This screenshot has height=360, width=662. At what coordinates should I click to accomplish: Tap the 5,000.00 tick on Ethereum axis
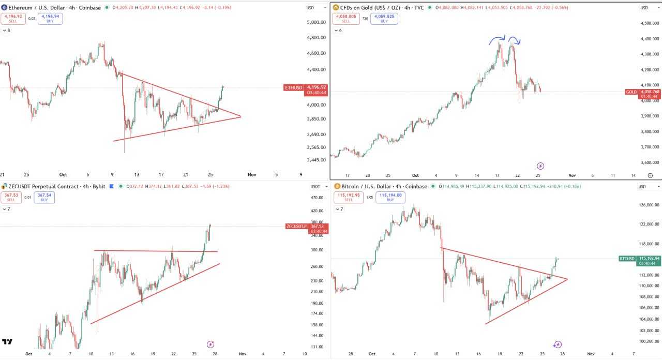tap(316, 23)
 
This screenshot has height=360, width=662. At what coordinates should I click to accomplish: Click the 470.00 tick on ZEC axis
tap(316, 198)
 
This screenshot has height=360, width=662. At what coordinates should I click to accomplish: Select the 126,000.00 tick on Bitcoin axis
tap(649, 205)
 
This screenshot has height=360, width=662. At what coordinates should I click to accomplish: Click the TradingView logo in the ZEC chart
tap(7, 342)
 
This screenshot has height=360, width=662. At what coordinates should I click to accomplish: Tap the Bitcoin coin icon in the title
tap(337, 186)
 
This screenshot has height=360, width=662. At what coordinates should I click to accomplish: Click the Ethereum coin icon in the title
tap(4, 8)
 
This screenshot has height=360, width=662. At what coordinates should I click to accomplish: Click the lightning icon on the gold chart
tap(540, 166)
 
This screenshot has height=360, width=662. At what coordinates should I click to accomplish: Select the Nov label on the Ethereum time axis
tap(252, 175)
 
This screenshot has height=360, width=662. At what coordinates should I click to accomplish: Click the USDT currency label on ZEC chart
tap(315, 186)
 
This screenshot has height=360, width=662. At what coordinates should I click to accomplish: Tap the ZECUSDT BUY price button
tap(44, 198)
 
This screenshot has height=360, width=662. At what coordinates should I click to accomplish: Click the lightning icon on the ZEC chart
tap(210, 344)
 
